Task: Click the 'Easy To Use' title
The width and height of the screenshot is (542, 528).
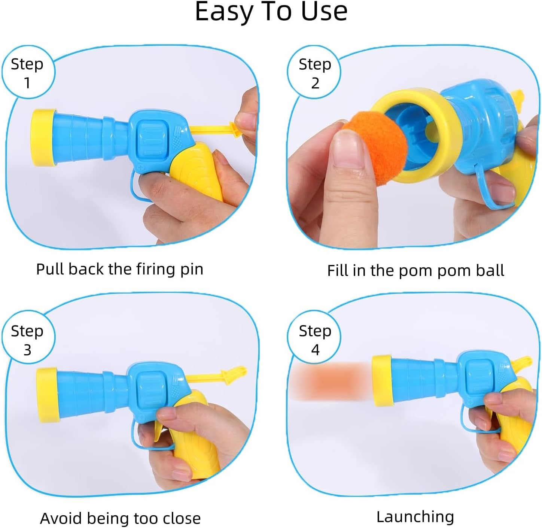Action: coord(271,12)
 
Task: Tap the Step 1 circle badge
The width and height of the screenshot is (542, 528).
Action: coord(28,73)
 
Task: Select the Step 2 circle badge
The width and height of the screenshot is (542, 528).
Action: coord(314,73)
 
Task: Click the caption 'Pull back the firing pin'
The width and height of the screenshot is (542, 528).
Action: coord(119,269)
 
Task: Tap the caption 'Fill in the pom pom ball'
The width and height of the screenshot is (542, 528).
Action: coord(415,270)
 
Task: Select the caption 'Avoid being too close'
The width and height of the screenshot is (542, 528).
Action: coord(120,518)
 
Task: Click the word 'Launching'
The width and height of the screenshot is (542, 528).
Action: coord(415,517)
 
